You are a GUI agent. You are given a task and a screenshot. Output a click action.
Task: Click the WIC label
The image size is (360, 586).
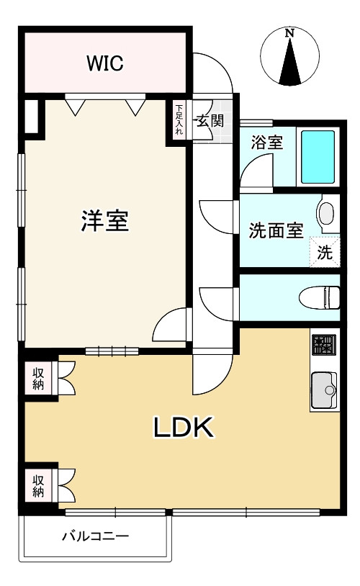click(x=105, y=63)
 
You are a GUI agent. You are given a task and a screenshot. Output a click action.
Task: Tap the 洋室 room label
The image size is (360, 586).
click(x=104, y=221)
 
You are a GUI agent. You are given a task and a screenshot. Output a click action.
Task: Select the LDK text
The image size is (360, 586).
click(x=183, y=428)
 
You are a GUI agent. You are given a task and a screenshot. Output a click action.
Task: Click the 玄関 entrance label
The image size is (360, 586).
click(x=210, y=120)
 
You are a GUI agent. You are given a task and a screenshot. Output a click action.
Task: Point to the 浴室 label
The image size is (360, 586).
click(x=266, y=142)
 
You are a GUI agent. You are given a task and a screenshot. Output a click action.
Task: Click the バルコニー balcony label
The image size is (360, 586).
click(x=94, y=536)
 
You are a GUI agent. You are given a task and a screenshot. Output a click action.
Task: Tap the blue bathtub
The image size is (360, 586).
click(x=317, y=156)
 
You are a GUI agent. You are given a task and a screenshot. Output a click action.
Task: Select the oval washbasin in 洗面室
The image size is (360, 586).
click(x=326, y=213)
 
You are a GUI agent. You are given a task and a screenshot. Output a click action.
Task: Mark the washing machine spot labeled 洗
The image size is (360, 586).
click(x=325, y=253)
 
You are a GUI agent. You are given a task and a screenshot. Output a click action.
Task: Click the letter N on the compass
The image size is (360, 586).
click(x=289, y=33)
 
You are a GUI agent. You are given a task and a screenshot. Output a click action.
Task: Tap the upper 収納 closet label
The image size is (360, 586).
click(x=37, y=379)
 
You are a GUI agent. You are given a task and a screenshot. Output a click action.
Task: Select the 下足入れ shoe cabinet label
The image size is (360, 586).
click(x=179, y=120)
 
